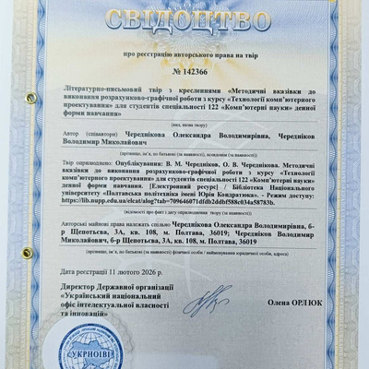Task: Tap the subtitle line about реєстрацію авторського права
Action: [184, 55]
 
